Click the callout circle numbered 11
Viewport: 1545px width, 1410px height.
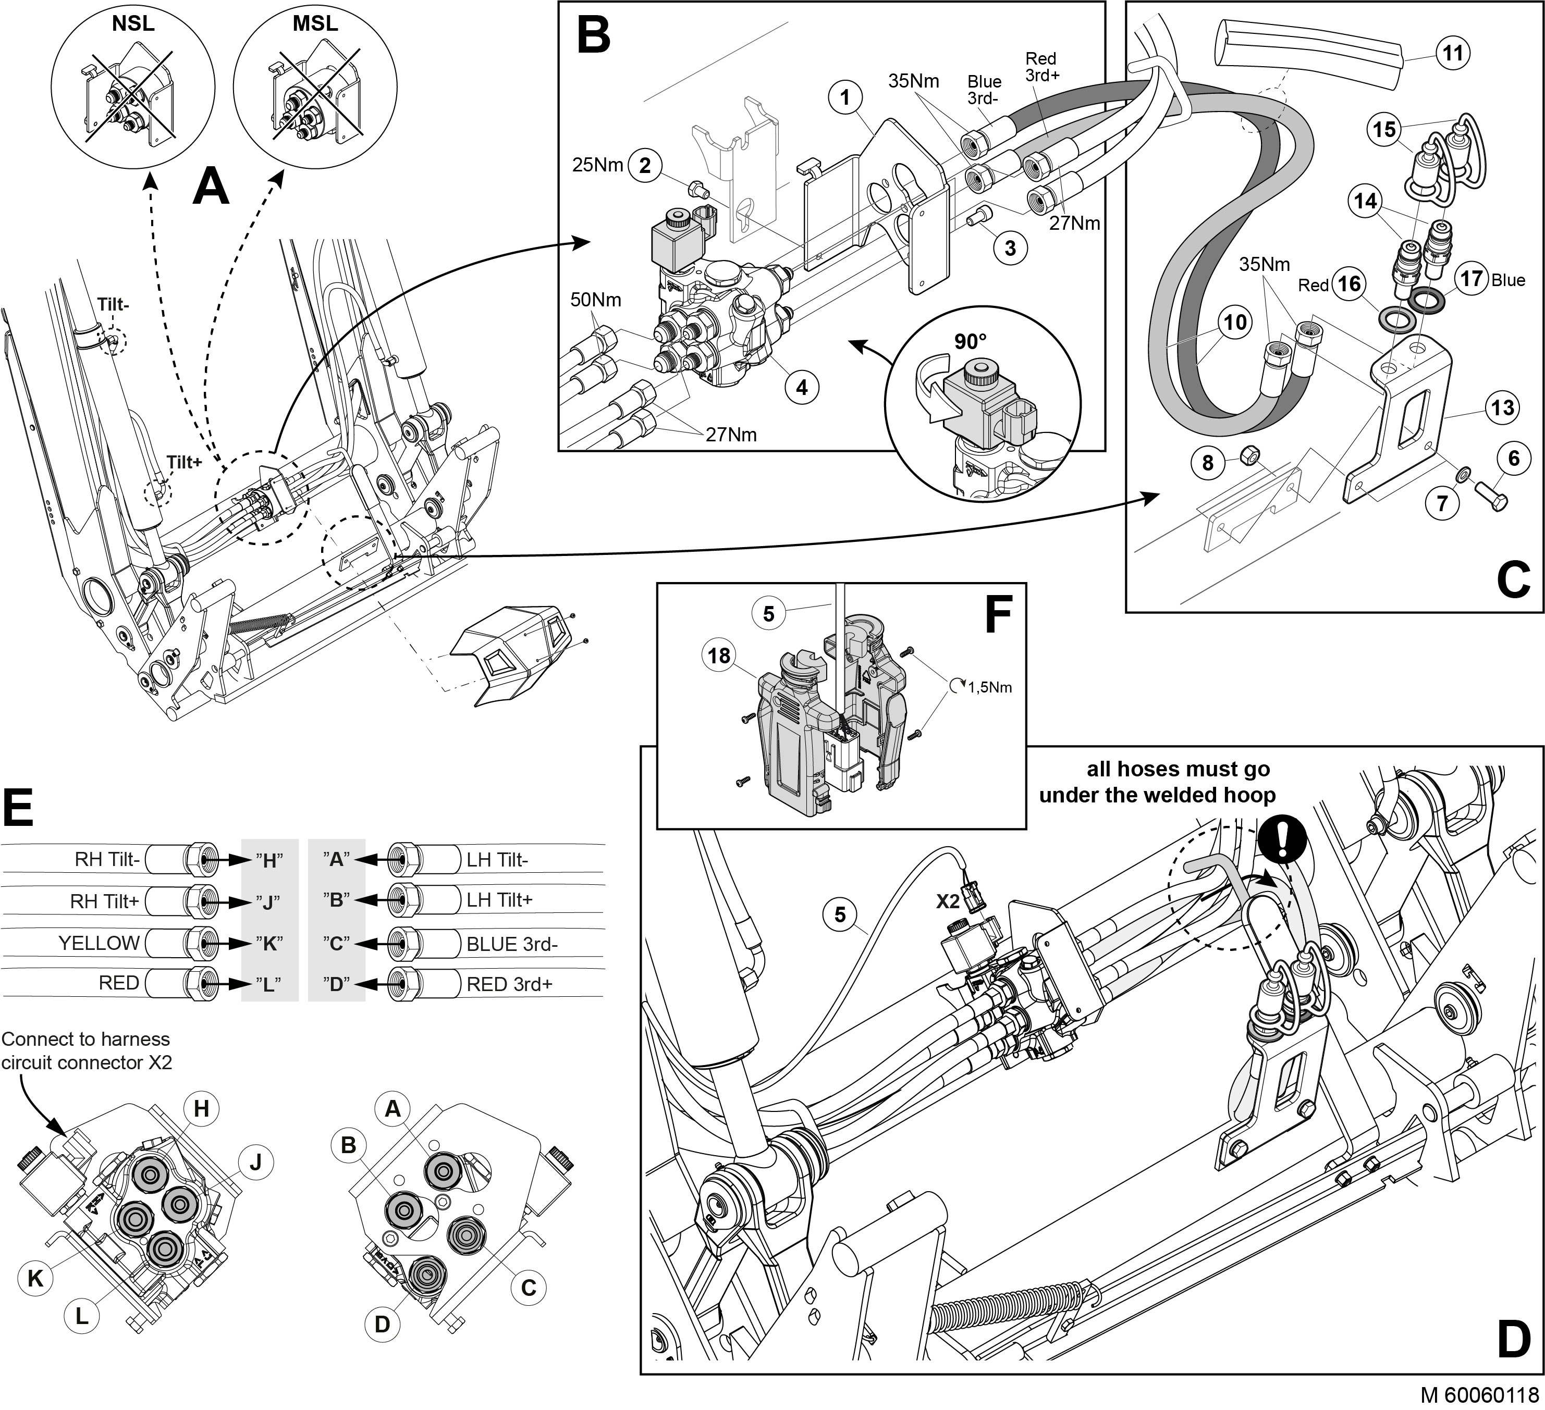[1453, 53]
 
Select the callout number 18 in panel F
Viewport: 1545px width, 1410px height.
[719, 655]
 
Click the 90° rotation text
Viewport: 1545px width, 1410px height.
[970, 342]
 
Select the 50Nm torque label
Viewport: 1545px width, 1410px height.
[595, 300]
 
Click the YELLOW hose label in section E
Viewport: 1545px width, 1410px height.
[99, 942]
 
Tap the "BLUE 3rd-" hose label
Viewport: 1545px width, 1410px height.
[512, 944]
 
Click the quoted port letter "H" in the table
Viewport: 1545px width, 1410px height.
[268, 860]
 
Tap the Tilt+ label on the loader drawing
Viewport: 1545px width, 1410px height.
[185, 462]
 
